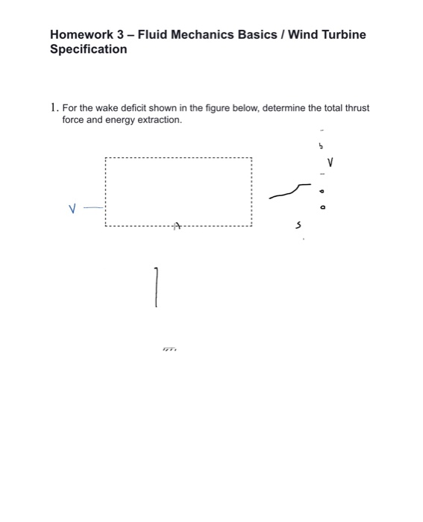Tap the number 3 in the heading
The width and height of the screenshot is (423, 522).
pyautogui.click(x=122, y=34)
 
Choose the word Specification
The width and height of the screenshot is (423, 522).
pyautogui.click(x=88, y=49)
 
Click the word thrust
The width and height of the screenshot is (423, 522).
pyautogui.click(x=357, y=108)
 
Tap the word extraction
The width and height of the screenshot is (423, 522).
pyautogui.click(x=159, y=119)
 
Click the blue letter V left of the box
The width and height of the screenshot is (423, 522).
pyautogui.click(x=72, y=210)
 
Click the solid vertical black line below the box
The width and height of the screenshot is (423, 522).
pyautogui.click(x=156, y=287)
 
